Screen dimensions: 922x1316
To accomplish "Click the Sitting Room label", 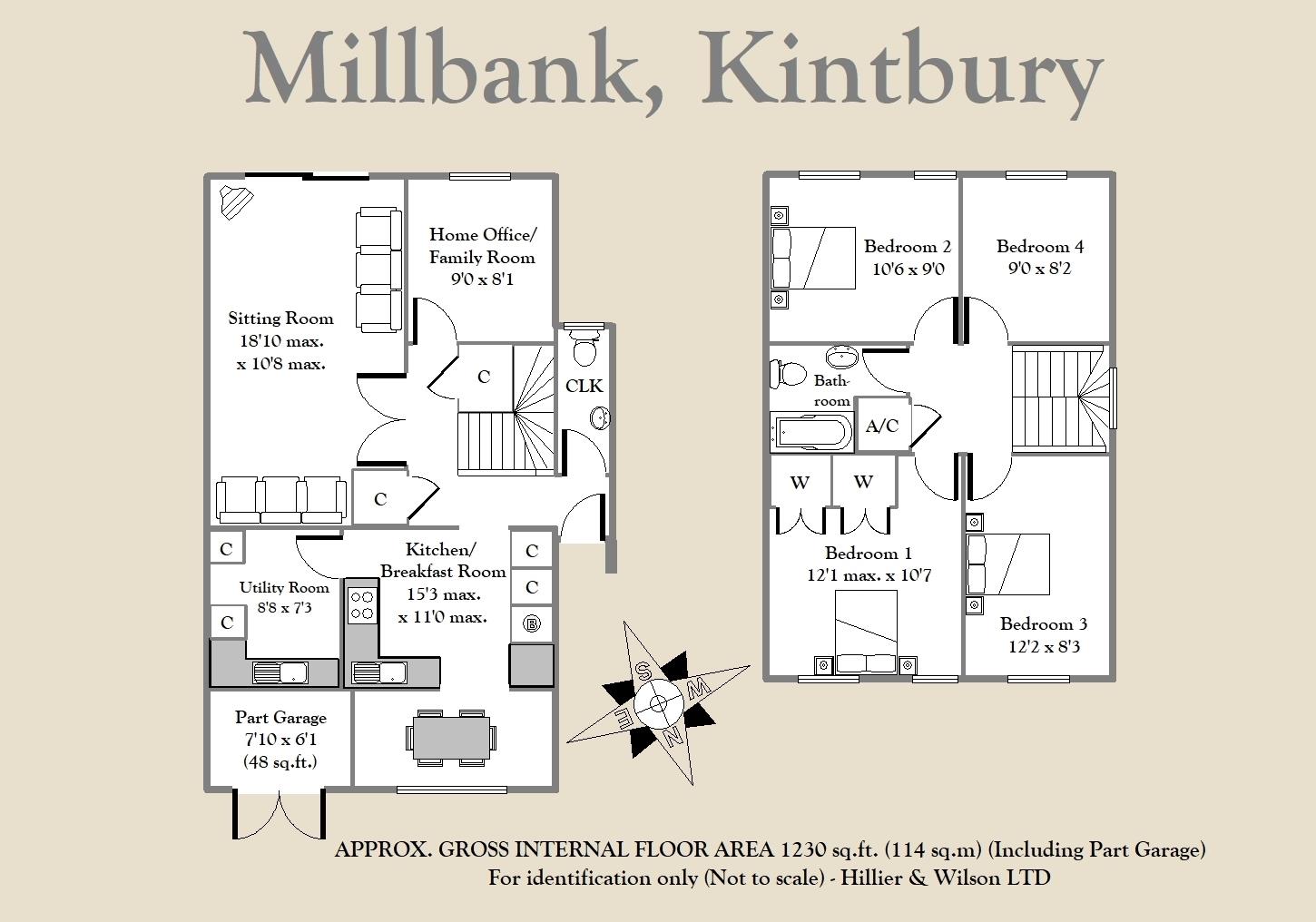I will (280, 319).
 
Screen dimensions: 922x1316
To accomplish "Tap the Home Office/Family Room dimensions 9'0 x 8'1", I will (482, 280).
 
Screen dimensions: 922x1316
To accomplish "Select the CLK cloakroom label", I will (584, 386).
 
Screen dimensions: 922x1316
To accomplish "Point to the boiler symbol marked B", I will (532, 623).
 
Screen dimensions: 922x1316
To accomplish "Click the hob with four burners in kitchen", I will (362, 605).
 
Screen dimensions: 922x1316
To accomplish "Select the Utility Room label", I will (284, 588).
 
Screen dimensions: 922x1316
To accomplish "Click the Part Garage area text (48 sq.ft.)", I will (280, 761).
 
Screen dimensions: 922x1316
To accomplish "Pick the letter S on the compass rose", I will (643, 672).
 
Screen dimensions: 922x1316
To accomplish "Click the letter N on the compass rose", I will (673, 736).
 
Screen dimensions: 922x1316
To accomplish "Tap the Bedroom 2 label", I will (907, 247).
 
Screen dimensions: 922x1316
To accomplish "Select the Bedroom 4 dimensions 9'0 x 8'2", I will (1039, 269).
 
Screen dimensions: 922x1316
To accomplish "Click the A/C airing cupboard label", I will (882, 426).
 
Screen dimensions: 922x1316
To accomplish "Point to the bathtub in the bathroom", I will (811, 433).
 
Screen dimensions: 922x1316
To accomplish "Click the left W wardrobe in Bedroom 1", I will (799, 483).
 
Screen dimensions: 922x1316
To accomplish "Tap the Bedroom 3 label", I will (1043, 624).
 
